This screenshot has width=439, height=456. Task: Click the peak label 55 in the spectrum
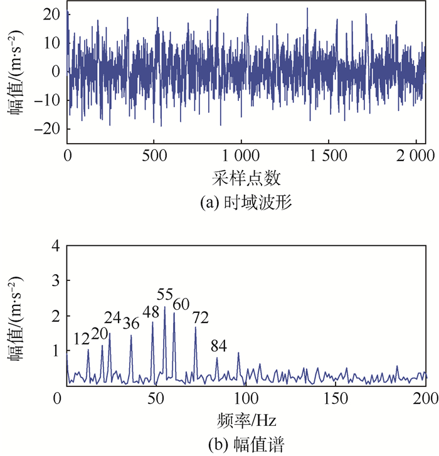[165, 295]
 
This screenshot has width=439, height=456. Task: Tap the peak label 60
[182, 304]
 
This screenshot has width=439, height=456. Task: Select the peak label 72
[201, 317]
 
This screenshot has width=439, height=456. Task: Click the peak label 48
[151, 312]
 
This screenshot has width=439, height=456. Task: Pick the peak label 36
[130, 323]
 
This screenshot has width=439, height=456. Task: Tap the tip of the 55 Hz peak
[164, 307]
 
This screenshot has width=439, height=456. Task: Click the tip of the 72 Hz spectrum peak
[196, 327]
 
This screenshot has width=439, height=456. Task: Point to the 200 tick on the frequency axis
[425, 398]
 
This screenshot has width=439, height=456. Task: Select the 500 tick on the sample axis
[154, 154]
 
